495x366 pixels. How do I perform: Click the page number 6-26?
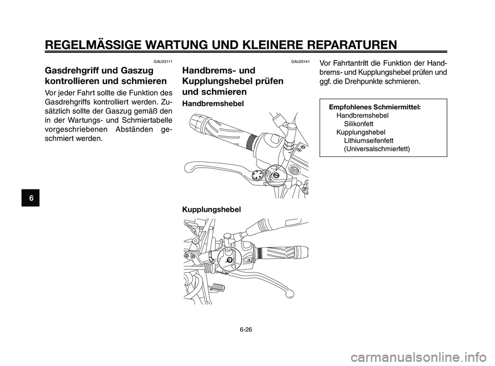pos(247,328)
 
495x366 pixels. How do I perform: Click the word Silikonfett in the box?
pos(359,124)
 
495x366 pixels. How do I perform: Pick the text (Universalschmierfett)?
pos(377,149)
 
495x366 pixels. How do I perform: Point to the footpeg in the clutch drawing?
pos(217,287)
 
